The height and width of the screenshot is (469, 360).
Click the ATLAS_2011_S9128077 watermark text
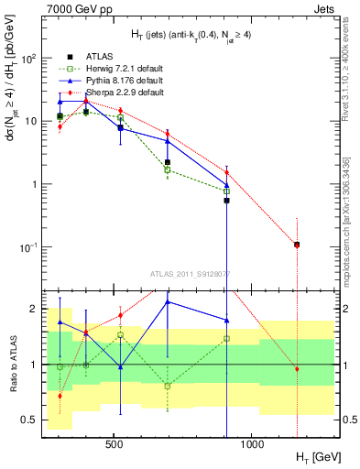(189, 273)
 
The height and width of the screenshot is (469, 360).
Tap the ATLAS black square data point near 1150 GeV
(297, 245)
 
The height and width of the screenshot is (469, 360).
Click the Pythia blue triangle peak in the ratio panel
(168, 301)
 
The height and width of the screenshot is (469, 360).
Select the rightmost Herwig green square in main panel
(226, 191)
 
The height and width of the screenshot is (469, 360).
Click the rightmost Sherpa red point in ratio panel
(297, 368)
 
